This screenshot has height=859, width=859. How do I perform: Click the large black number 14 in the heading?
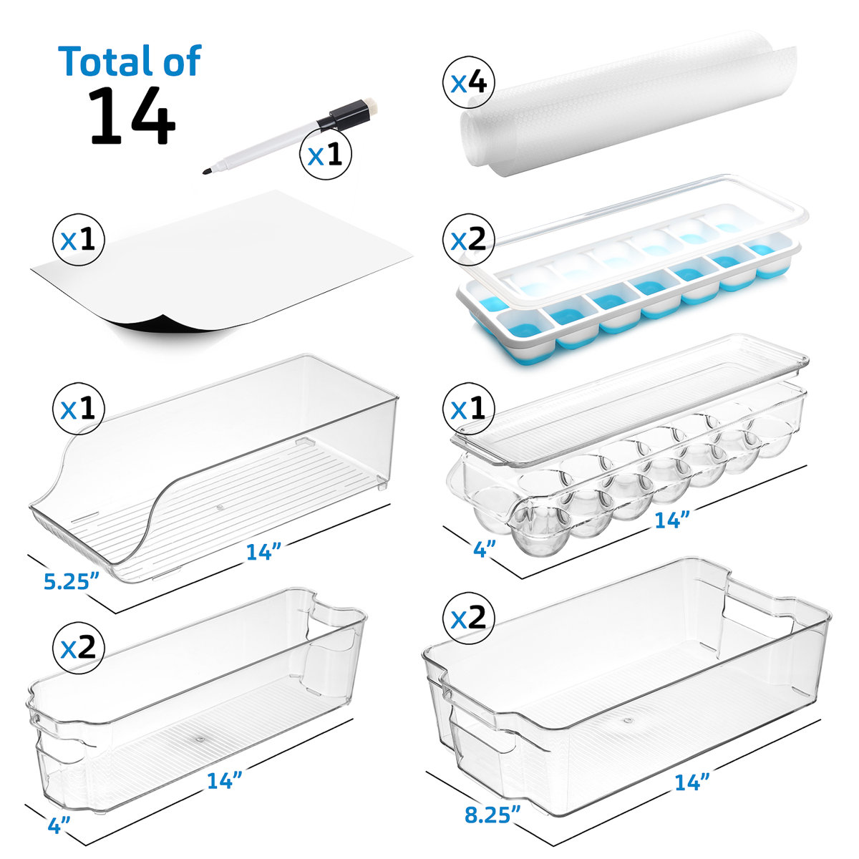pos(132,116)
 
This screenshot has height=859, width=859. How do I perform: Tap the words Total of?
pos(130,61)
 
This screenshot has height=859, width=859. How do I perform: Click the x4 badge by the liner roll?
pos(469,84)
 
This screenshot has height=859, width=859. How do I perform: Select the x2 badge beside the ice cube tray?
pos(469,240)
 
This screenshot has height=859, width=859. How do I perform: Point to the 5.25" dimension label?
pos(70,580)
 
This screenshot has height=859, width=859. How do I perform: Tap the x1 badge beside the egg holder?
pos(469,409)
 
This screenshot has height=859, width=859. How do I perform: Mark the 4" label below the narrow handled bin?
pos(60,825)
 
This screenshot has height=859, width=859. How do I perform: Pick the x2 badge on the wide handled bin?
pos(469,617)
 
